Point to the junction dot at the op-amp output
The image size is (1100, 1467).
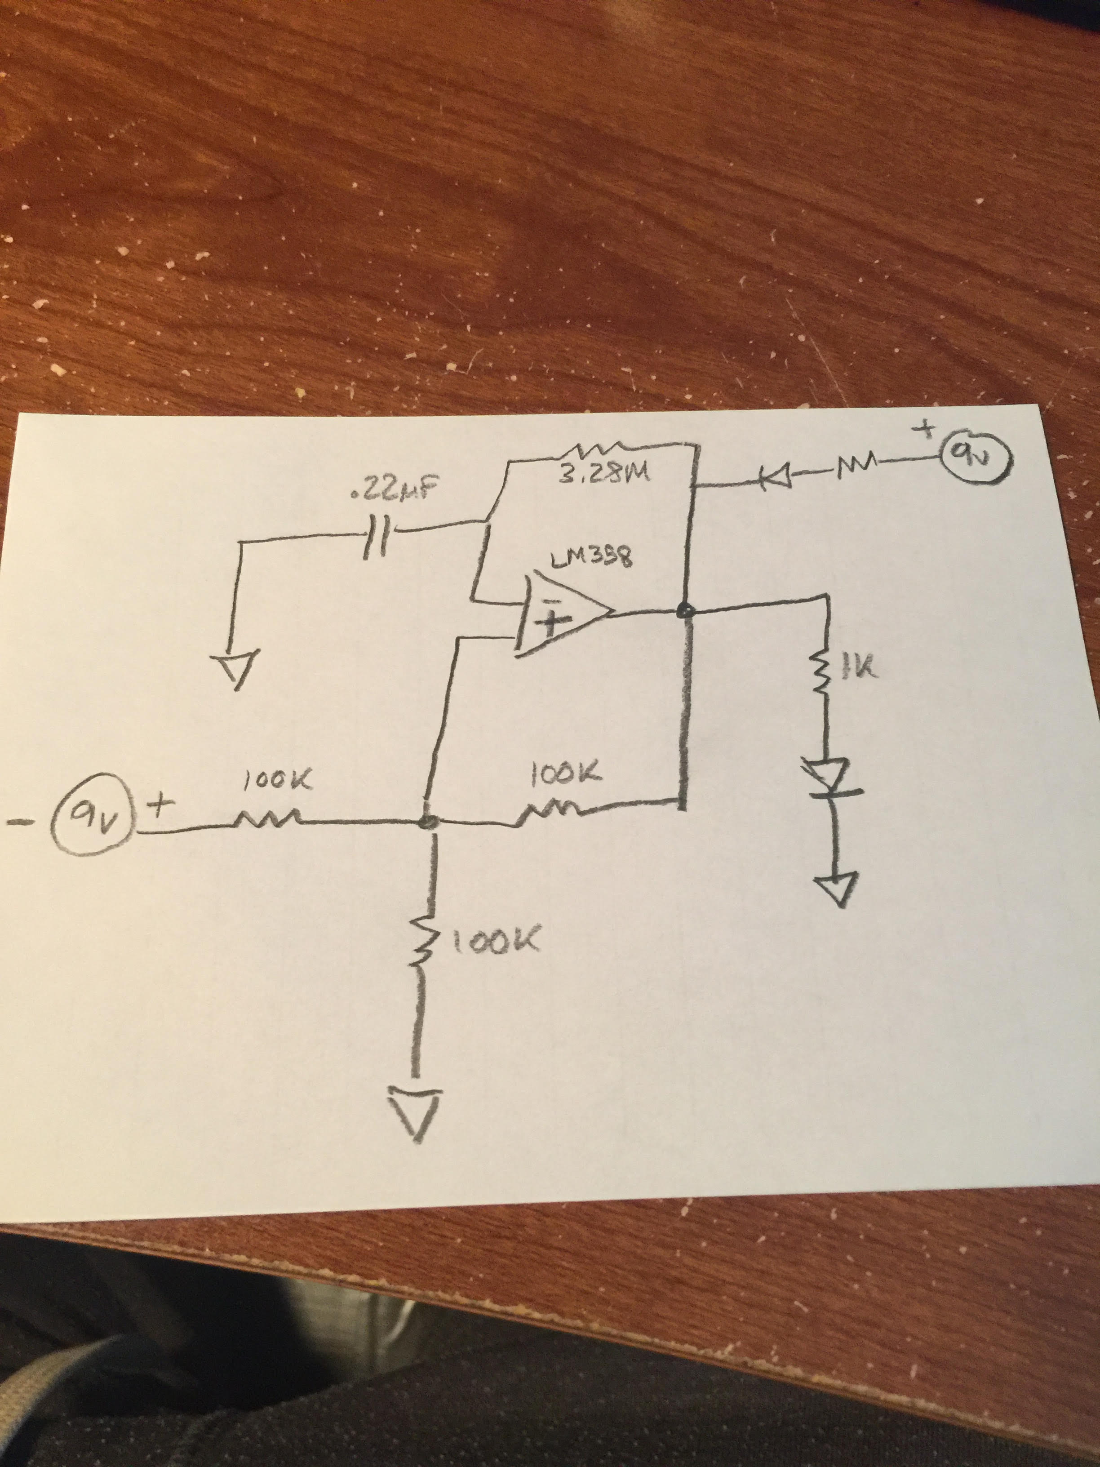(x=686, y=611)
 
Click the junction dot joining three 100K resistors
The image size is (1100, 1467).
(x=429, y=822)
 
